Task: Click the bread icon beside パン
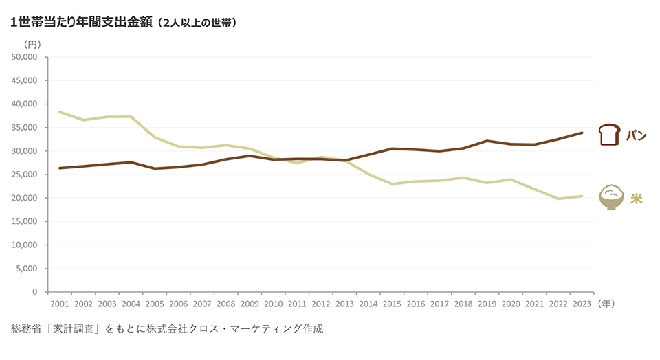click(610, 134)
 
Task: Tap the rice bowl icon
click(611, 198)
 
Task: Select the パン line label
click(635, 135)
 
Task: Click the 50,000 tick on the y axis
click(25, 57)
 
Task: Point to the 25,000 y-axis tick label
click(25, 175)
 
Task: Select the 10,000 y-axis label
click(25, 245)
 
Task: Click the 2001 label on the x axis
click(60, 303)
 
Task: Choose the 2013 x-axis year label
click(344, 303)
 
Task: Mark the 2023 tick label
click(582, 303)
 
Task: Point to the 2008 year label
click(225, 303)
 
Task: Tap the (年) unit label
click(606, 303)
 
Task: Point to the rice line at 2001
click(60, 112)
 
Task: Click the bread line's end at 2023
click(582, 133)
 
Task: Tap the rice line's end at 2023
click(582, 196)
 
